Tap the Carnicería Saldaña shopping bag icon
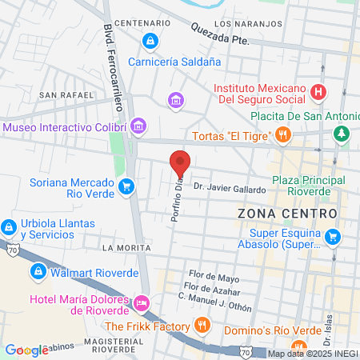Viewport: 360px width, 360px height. (149, 40)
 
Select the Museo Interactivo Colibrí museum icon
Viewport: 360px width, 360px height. (139, 126)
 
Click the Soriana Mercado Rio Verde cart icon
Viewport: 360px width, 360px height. (126, 187)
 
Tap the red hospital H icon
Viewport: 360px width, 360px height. (318, 92)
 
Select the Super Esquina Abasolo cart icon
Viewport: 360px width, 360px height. (333, 237)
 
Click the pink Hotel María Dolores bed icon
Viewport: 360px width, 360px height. (142, 303)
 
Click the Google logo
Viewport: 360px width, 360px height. (26, 350)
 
